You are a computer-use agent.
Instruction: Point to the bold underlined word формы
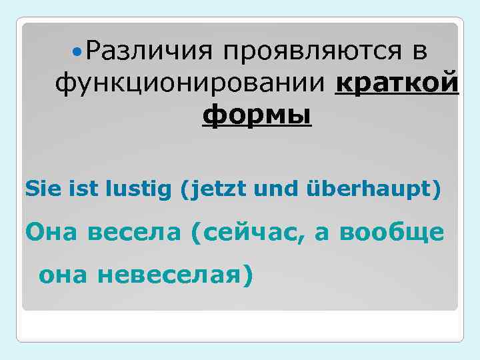pyautogui.click(x=257, y=116)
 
